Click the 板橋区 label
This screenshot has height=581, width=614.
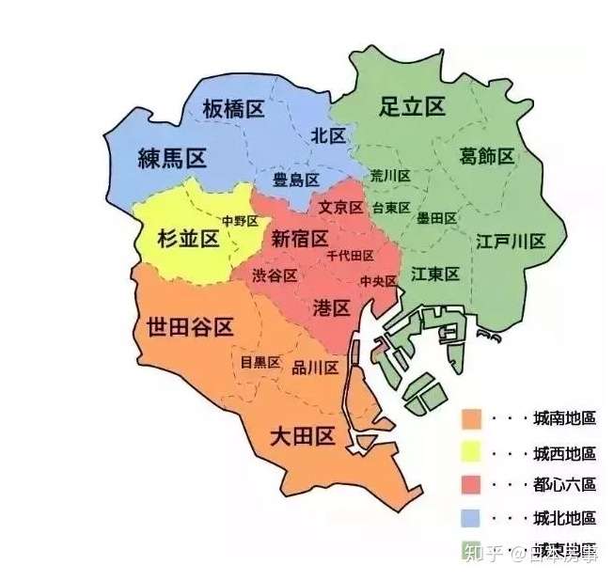point(233,109)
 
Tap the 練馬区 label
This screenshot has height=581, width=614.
point(171,157)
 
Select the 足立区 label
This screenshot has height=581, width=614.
point(412,106)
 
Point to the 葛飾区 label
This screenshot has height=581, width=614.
point(487,155)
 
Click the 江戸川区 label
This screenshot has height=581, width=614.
point(511,241)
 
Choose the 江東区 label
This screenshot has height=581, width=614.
point(435,274)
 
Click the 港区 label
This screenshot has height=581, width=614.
point(331,307)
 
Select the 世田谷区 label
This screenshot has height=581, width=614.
point(190,327)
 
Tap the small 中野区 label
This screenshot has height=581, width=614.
point(240,221)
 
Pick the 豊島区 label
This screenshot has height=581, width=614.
point(296,179)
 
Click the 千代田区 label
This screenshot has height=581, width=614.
point(350,256)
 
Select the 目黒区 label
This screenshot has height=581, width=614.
point(260,362)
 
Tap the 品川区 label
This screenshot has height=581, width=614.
point(315,368)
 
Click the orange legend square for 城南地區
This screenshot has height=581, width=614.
point(472,417)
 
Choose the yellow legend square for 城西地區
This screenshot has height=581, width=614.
point(472,452)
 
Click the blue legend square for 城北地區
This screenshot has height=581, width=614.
point(472,518)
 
